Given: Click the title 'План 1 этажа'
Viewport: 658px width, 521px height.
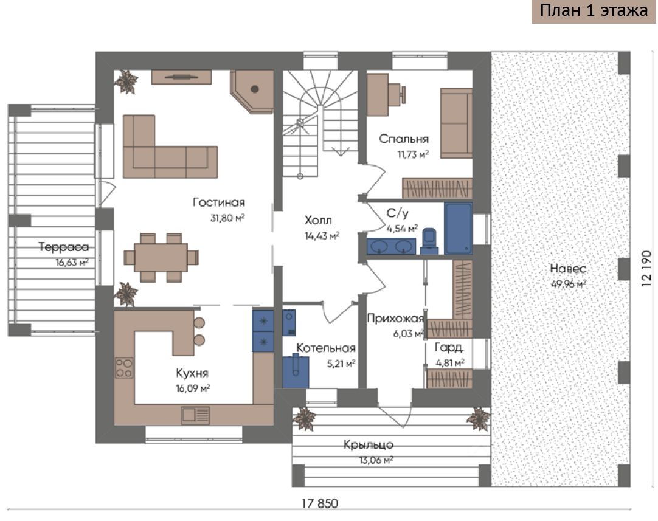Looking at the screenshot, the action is pyautogui.click(x=593, y=12).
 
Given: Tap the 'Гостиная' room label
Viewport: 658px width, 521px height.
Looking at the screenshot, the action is pyautogui.click(x=219, y=202).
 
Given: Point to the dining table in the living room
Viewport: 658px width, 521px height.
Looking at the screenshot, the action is pyautogui.click(x=161, y=257).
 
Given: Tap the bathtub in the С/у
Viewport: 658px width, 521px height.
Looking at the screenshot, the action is pyautogui.click(x=458, y=229).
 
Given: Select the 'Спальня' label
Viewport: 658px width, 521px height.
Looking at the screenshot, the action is pyautogui.click(x=404, y=139).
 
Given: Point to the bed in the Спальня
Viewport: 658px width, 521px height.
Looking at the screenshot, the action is pyautogui.click(x=456, y=122).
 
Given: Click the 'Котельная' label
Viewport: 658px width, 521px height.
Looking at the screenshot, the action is pyautogui.click(x=325, y=348).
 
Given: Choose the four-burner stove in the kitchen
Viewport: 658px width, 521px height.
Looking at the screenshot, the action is pyautogui.click(x=124, y=367).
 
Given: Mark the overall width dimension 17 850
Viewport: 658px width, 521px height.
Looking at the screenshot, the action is pyautogui.click(x=319, y=503).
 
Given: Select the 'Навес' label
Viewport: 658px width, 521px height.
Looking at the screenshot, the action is pyautogui.click(x=567, y=269).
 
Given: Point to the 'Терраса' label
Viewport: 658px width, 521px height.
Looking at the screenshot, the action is pyautogui.click(x=64, y=247).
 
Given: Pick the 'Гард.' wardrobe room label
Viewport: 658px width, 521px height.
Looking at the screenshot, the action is pyautogui.click(x=449, y=348).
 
